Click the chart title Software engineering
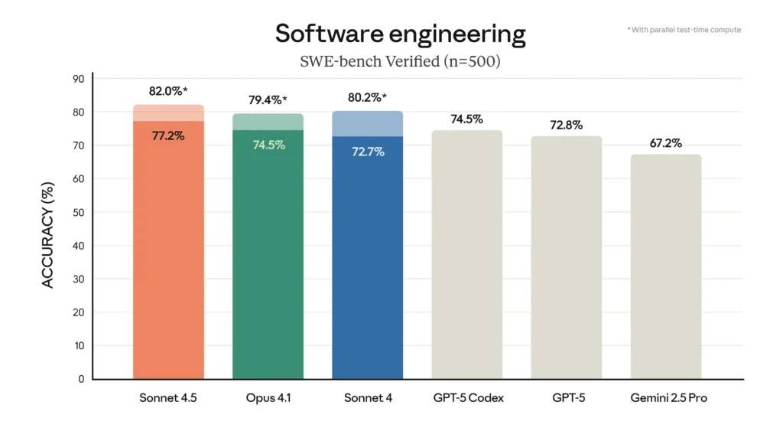pyautogui.click(x=400, y=34)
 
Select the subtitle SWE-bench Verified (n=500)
pyautogui.click(x=400, y=62)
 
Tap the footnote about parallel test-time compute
pyautogui.click(x=684, y=30)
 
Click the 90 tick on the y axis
pyautogui.click(x=79, y=79)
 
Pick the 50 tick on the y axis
pyautogui.click(x=79, y=212)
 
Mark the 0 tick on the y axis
pyautogui.click(x=81, y=379)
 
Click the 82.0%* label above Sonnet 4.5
pyautogui.click(x=169, y=91)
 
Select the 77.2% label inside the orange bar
pyautogui.click(x=167, y=136)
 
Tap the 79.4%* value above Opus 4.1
pyautogui.click(x=268, y=100)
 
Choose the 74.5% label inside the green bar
pyautogui.click(x=268, y=145)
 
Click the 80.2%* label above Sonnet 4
pyautogui.click(x=368, y=97)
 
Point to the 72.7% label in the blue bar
pyautogui.click(x=368, y=152)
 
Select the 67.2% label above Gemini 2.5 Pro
pyautogui.click(x=666, y=142)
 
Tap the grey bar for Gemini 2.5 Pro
pyautogui.click(x=666, y=267)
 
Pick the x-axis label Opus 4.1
pyautogui.click(x=268, y=398)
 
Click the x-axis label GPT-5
pyautogui.click(x=567, y=398)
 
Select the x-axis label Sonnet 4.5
pyautogui.click(x=168, y=398)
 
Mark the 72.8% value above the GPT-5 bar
pyautogui.click(x=567, y=124)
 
